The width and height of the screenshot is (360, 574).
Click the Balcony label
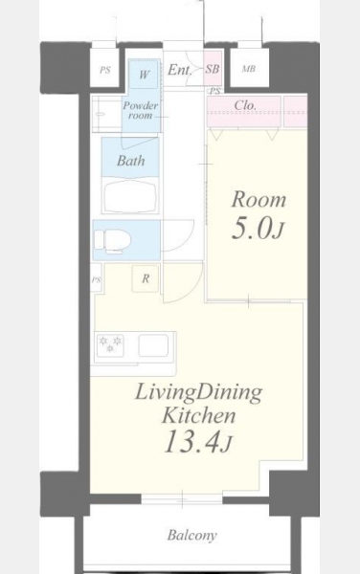point(191,535)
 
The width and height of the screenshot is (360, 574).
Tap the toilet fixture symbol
point(112,240)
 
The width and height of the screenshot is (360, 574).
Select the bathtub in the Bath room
point(130,195)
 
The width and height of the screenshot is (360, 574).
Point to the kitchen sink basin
point(153,345)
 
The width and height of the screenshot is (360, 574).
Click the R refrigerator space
point(146,278)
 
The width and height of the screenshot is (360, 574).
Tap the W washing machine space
point(145,75)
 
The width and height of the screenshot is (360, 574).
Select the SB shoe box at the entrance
point(213,69)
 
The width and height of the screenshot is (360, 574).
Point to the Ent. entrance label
point(180,70)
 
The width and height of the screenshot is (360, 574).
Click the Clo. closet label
point(245,105)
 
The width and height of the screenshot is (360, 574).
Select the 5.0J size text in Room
point(258,229)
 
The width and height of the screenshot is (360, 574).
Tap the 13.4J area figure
point(197,442)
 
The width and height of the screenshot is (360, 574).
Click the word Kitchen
point(198,416)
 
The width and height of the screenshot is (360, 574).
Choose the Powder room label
point(140,110)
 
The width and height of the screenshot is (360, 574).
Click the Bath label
point(131,161)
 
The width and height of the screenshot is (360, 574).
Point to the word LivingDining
point(198,393)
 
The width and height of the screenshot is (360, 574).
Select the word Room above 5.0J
point(259,200)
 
